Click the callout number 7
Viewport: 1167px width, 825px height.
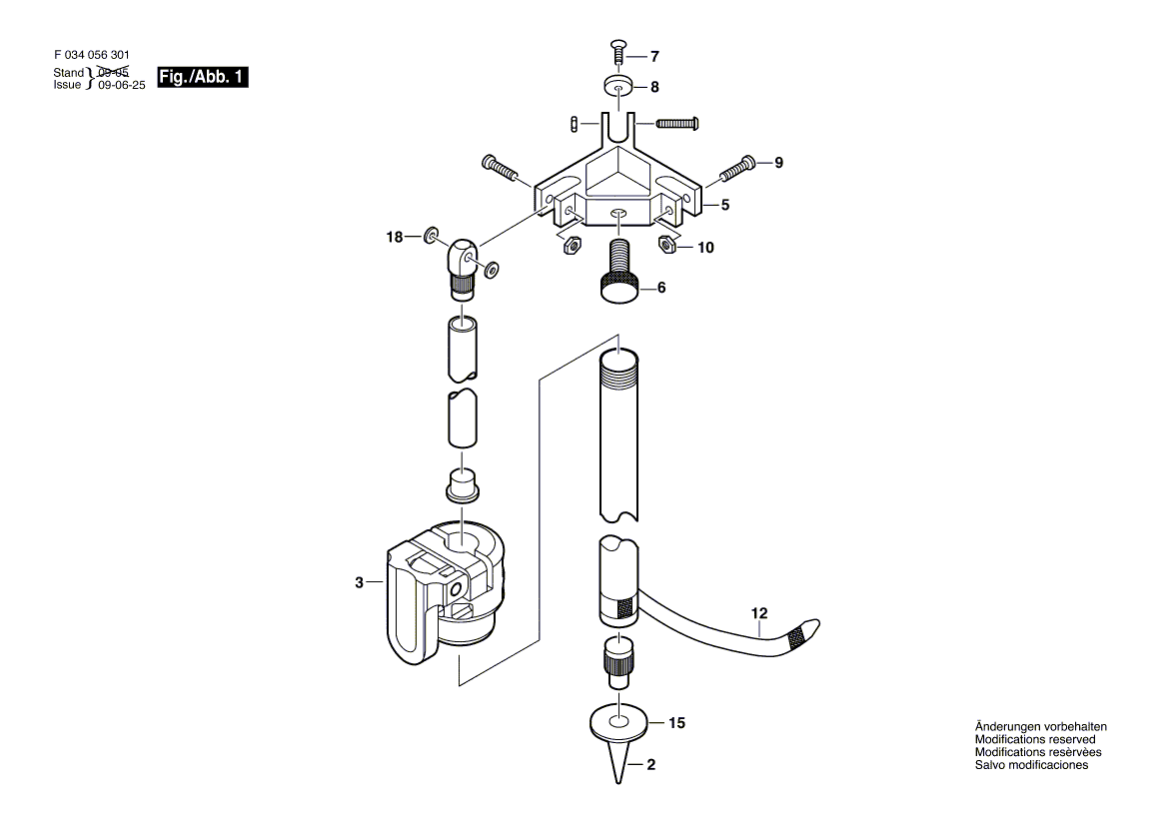(655, 56)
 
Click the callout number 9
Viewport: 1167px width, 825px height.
(778, 162)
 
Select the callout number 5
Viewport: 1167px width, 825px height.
(725, 205)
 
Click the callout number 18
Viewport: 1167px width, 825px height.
(395, 237)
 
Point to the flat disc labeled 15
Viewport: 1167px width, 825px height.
(619, 720)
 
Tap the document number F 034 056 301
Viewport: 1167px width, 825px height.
(90, 57)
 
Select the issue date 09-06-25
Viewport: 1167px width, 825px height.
(122, 86)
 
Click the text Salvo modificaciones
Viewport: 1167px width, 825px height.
(1031, 765)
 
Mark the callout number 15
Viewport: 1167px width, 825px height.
(677, 722)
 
